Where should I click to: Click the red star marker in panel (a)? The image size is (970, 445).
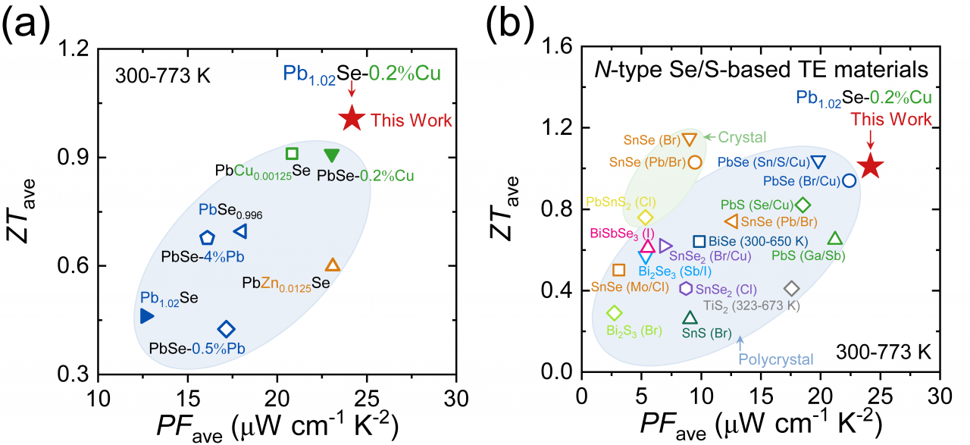coord(352,118)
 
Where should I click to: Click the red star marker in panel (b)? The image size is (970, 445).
coord(871,166)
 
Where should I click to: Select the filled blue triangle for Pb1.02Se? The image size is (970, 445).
coord(147,316)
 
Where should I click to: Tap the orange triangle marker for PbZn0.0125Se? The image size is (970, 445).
coord(333,265)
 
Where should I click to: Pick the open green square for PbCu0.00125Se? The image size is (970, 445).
coord(292,154)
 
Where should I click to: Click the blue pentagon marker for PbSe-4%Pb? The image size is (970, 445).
coord(207,238)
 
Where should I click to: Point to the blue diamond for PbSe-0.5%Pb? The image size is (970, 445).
coord(226,329)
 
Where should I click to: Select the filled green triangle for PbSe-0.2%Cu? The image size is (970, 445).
coord(331,155)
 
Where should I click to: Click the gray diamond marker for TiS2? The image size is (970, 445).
coord(792,289)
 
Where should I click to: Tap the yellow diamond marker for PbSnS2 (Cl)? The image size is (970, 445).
coord(645,218)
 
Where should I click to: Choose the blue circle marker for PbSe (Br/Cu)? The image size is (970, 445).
coord(850,180)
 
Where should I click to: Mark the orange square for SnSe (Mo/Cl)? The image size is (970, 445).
coord(618,270)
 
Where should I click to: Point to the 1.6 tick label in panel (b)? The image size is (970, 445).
coord(555,48)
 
